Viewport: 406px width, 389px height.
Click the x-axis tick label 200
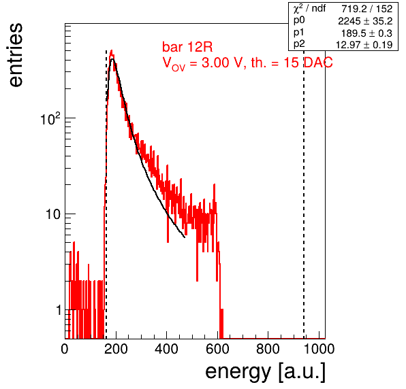[x=116, y=349]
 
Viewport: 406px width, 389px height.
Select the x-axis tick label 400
[x=167, y=349]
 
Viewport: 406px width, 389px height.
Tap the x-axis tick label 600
[x=217, y=349]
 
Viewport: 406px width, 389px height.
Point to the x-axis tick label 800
[x=268, y=349]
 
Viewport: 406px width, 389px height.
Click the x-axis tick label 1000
[x=319, y=349]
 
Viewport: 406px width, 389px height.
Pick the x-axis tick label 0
[x=65, y=349]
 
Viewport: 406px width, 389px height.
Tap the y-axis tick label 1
[x=59, y=310]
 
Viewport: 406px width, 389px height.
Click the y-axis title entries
[x=16, y=55]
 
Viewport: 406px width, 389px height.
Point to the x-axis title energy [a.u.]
[x=266, y=372]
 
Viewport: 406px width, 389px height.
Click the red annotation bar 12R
[x=187, y=47]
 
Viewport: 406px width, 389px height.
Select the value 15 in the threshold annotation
[x=291, y=63]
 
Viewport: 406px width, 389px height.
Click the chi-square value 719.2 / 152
[x=366, y=9]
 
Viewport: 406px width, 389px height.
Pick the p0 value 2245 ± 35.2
[x=365, y=21]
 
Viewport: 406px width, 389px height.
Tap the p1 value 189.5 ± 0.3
[x=366, y=33]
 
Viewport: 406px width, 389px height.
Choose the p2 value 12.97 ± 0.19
[x=364, y=45]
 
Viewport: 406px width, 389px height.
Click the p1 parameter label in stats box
[x=298, y=33]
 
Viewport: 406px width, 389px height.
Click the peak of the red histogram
[x=112, y=50]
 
